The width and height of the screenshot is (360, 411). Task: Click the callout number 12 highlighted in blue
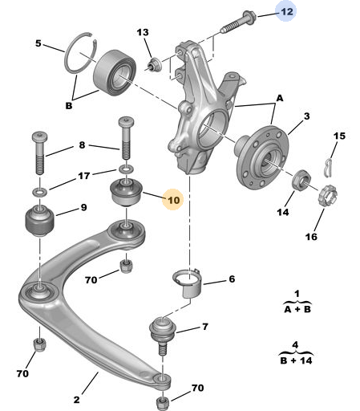287,11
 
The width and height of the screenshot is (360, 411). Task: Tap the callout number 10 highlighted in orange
173,200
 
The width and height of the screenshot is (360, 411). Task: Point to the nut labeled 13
155,65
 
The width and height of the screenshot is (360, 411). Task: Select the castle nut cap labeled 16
328,196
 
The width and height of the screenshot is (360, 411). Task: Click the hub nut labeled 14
301,179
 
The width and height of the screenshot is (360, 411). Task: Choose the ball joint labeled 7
162,335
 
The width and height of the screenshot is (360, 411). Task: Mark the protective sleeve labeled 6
188,283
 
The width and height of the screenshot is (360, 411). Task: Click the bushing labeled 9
40,221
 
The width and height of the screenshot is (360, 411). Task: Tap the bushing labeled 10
126,192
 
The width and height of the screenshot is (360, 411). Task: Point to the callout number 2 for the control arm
76,400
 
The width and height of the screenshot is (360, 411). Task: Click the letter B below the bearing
69,106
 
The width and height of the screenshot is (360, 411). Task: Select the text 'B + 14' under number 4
296,360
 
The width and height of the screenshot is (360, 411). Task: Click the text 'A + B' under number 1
297,309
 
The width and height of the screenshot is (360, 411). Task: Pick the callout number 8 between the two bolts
82,144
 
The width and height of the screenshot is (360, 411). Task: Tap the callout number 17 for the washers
84,176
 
